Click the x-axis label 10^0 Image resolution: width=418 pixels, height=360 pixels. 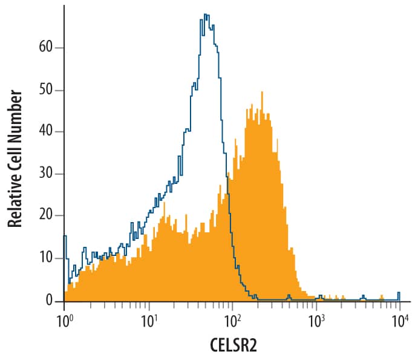(64, 319)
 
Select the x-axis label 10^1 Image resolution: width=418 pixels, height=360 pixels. (148, 319)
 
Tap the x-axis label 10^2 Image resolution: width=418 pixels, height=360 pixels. (232, 319)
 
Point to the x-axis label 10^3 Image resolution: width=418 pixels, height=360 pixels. (316, 319)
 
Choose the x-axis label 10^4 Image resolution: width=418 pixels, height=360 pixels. (399, 319)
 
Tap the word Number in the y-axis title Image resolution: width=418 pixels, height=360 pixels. (15, 113)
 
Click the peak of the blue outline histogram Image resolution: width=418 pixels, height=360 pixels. (206, 15)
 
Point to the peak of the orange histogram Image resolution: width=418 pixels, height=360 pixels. (262, 93)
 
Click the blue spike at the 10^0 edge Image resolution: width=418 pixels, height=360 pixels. (65, 237)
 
